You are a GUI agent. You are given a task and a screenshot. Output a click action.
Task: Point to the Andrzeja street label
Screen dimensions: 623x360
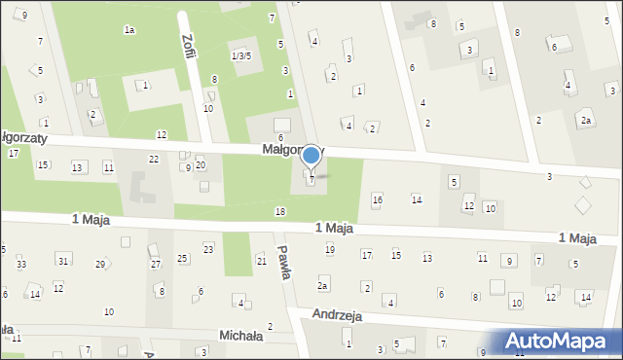click(x=338, y=315)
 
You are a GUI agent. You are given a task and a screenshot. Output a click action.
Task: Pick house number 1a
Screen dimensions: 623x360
click(x=128, y=30)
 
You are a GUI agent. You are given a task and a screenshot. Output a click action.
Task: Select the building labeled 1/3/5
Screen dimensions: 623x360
click(x=241, y=55)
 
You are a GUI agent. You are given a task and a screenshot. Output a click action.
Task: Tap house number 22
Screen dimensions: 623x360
click(x=153, y=159)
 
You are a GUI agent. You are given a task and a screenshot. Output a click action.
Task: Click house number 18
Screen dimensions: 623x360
click(x=280, y=211)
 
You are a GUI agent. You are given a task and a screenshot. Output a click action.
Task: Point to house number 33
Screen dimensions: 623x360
click(x=21, y=265)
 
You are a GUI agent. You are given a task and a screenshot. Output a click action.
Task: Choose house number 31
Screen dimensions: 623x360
click(x=63, y=260)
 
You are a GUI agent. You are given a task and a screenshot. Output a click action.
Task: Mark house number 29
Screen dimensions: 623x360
click(x=100, y=265)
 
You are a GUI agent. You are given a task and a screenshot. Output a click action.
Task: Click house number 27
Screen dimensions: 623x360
click(x=155, y=265)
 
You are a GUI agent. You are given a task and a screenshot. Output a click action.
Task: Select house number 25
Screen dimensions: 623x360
click(x=182, y=258)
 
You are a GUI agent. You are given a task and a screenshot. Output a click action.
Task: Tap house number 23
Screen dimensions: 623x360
click(x=208, y=250)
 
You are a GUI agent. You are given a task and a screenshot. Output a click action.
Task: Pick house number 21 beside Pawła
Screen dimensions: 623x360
click(x=261, y=260)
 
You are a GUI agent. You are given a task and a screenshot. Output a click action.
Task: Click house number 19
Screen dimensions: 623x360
click(x=329, y=250)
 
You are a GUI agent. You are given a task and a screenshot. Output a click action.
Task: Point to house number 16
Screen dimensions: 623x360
click(x=378, y=199)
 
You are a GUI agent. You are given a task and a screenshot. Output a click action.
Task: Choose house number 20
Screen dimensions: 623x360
click(x=201, y=164)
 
